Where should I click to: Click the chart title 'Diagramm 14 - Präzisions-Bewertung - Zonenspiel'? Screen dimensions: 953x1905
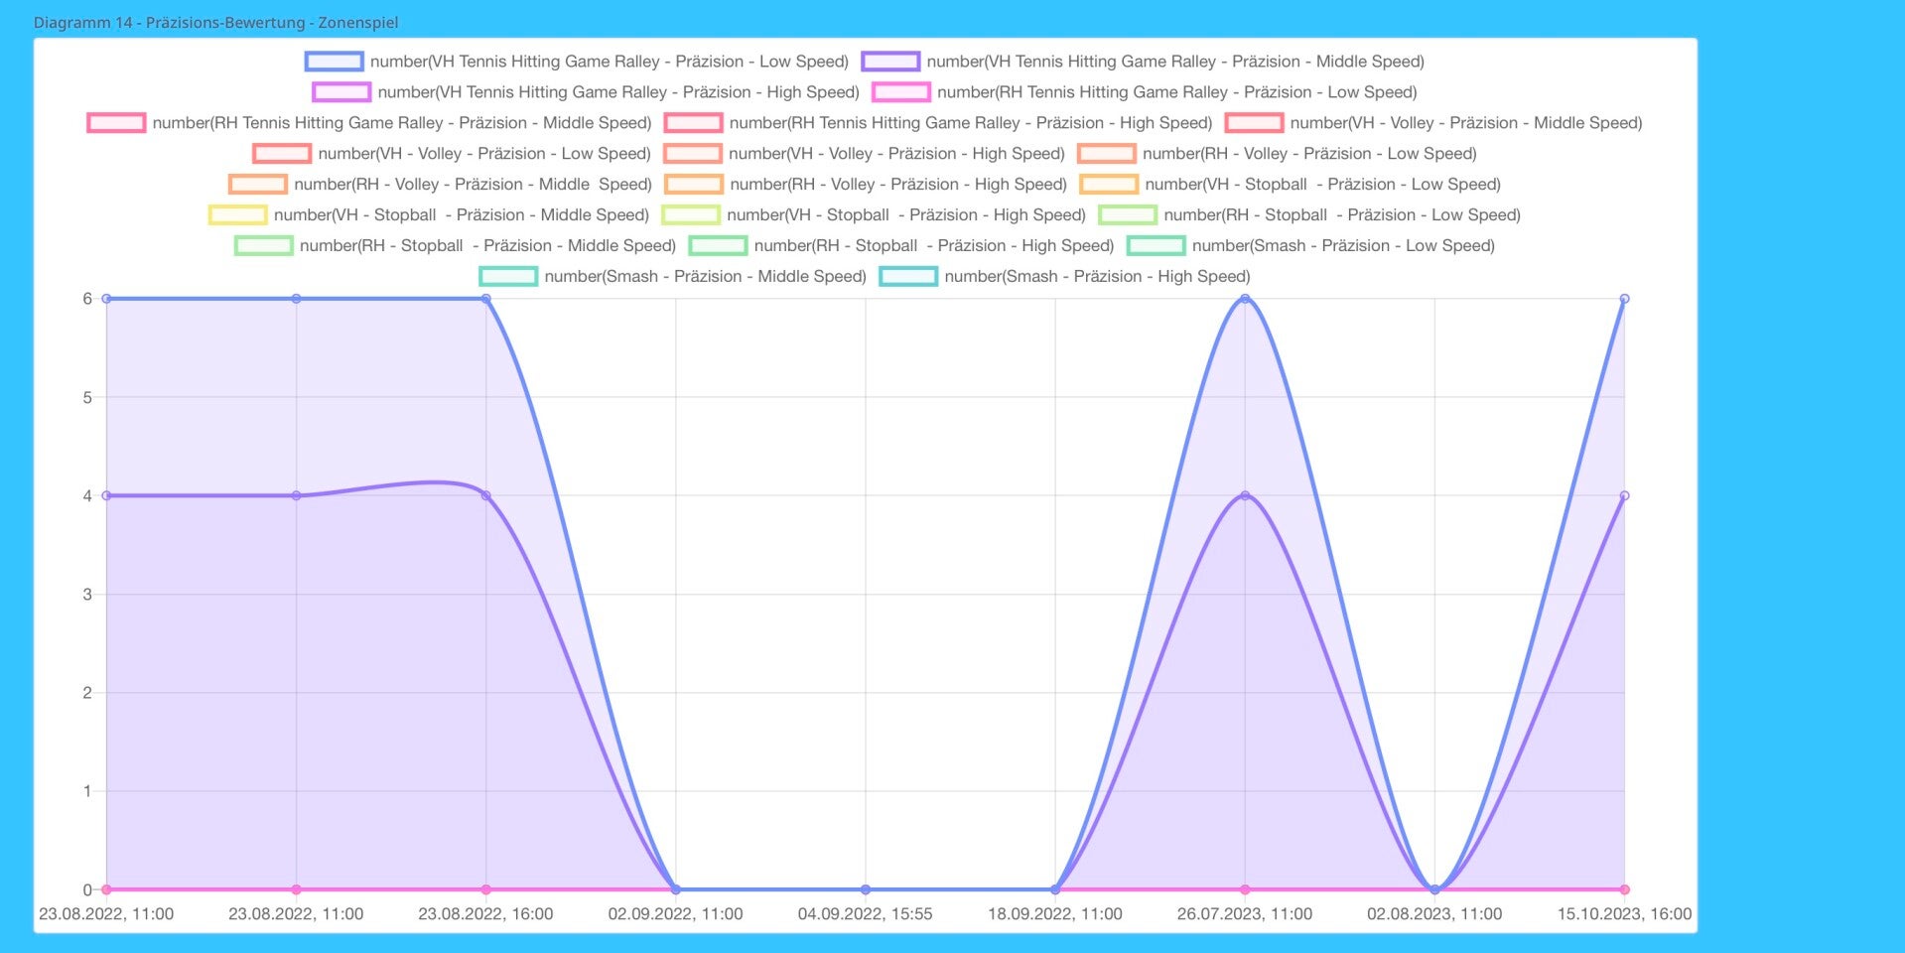tap(215, 22)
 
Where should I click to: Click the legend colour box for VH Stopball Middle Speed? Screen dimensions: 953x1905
tap(237, 214)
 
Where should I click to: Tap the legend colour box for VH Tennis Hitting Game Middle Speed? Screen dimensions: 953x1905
tap(890, 62)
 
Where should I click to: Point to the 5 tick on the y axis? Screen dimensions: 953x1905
tap(87, 397)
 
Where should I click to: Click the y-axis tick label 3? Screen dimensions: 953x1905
tap(87, 595)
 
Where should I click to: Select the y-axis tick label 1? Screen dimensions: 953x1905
tap(87, 791)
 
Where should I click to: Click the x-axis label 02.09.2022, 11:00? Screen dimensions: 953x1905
tap(675, 914)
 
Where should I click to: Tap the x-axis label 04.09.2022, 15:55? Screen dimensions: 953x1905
tap(865, 914)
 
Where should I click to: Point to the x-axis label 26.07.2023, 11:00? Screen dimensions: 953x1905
tap(1244, 914)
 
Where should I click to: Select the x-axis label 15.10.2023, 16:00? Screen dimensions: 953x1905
tap(1623, 914)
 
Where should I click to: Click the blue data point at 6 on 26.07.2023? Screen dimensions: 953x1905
tap(1245, 299)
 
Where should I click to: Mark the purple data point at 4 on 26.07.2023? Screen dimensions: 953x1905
tap(1245, 495)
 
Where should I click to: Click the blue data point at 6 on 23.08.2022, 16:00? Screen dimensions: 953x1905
tap(485, 299)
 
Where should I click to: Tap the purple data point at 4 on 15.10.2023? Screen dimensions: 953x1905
tap(1624, 495)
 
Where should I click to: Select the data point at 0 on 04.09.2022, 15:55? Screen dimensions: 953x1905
tap(866, 889)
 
